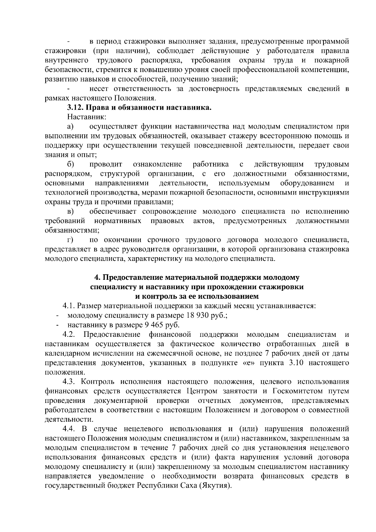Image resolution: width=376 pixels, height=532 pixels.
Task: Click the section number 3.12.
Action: pos(76,108)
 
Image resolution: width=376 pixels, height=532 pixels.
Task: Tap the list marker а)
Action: pos(70,127)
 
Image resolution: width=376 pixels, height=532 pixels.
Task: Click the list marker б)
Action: pos(70,164)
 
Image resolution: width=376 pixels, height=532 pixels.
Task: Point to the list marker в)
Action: pos(70,212)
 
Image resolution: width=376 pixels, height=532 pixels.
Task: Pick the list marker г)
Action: pos(70,240)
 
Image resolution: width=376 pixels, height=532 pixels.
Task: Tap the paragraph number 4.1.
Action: pos(69,306)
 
